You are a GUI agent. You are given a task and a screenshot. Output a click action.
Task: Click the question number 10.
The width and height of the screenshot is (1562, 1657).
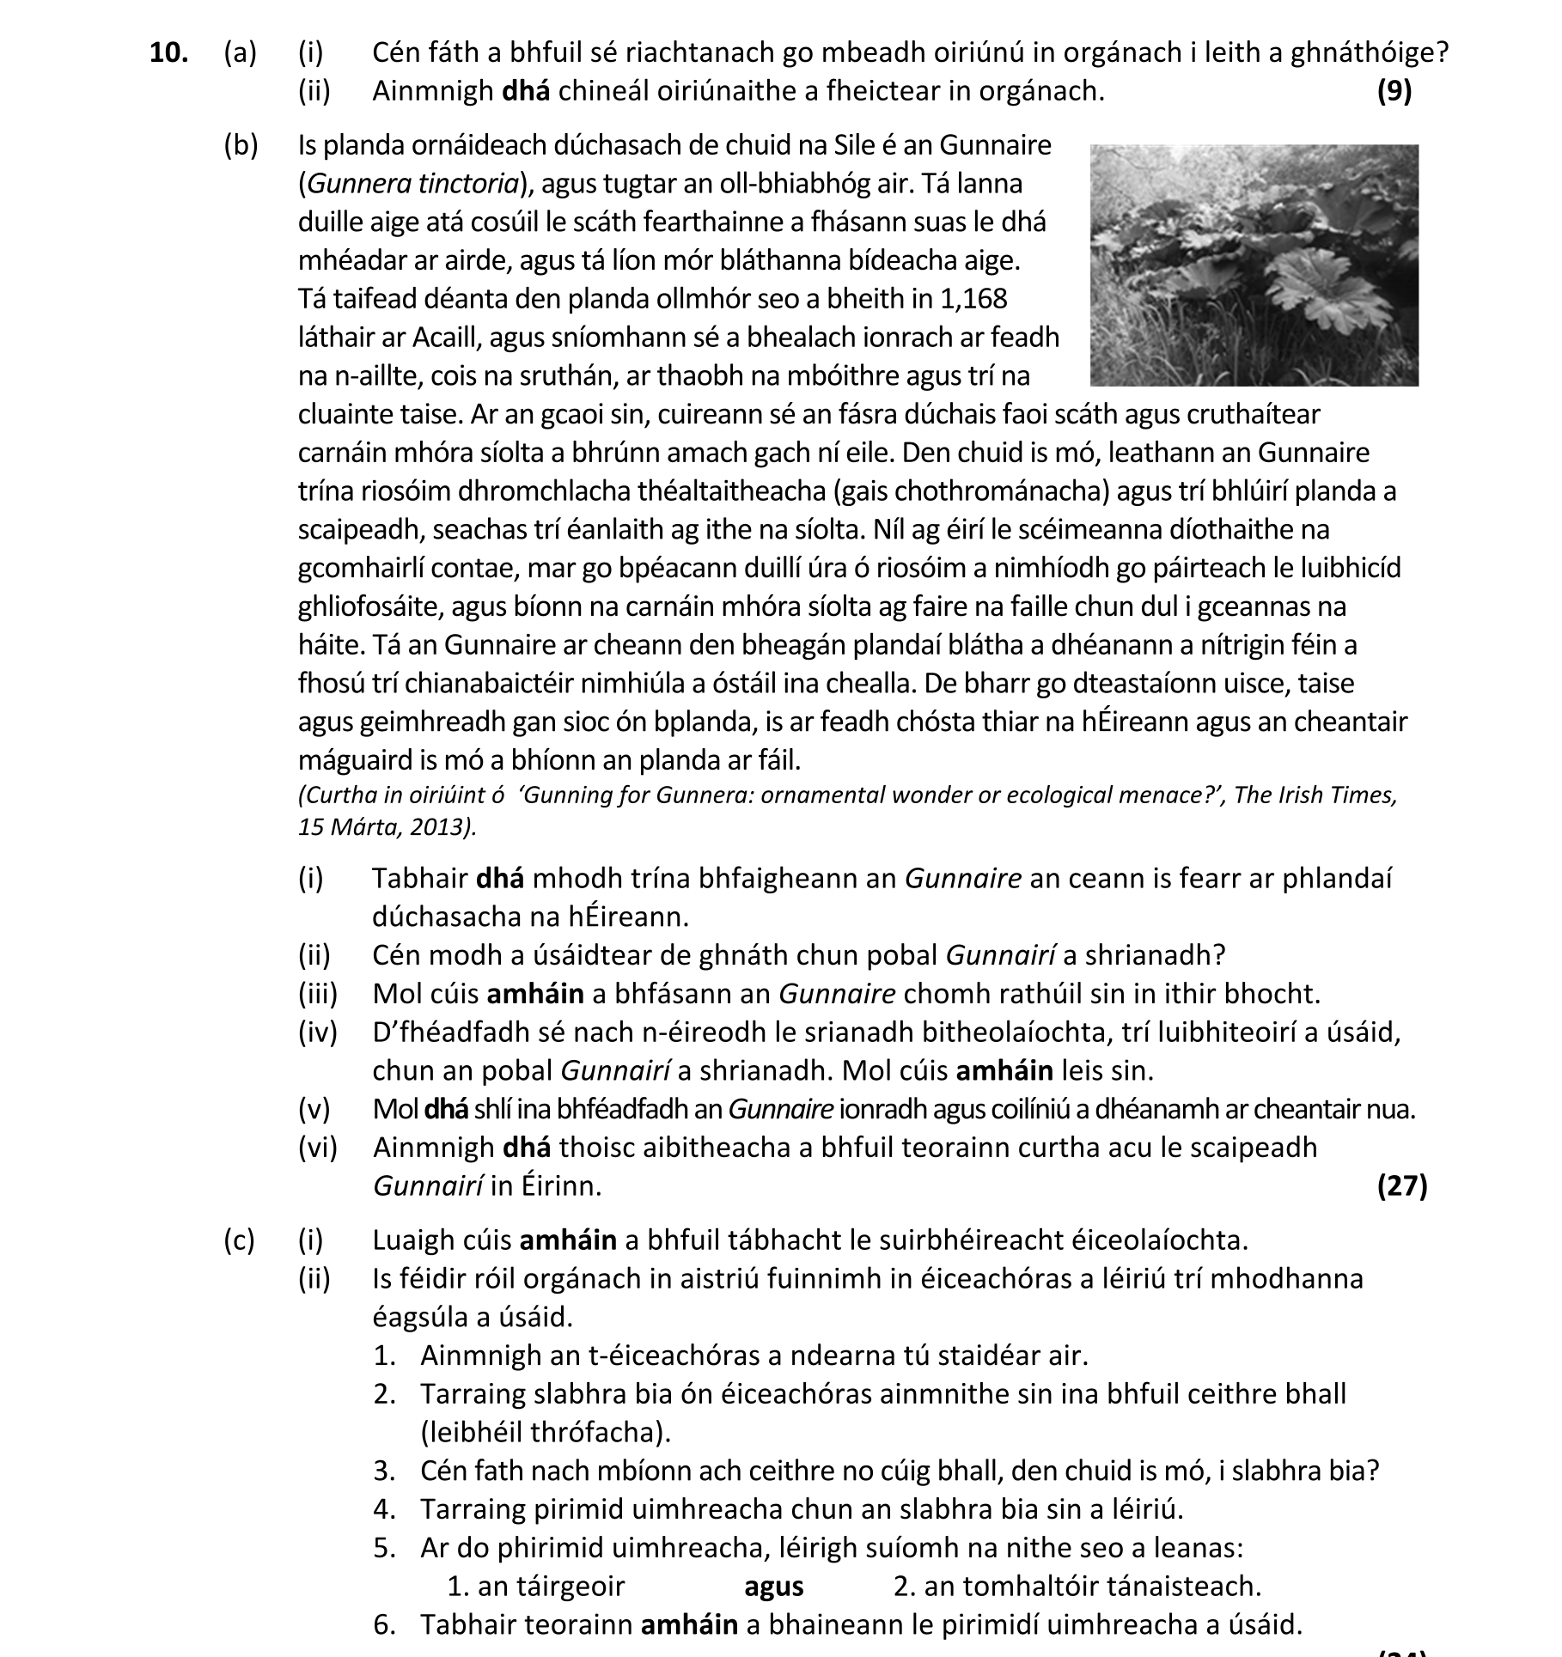coord(168,53)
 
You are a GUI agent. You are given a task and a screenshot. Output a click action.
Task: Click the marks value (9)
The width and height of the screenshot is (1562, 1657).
coord(1394,91)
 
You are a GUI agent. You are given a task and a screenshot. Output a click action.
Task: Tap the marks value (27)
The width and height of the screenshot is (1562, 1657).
coord(1401,1186)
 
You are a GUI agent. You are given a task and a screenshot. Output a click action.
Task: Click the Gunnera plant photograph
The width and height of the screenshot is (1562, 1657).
coord(1254,265)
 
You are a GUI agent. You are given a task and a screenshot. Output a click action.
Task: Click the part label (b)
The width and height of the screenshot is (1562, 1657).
coord(241,146)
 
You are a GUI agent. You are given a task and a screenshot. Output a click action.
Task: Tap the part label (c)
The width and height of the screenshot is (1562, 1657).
coord(240,1240)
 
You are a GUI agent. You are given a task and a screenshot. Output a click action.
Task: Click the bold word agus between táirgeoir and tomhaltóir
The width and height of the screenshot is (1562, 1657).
coord(773,1586)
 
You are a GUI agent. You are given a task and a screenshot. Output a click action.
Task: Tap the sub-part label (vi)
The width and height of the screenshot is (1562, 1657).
coord(318,1148)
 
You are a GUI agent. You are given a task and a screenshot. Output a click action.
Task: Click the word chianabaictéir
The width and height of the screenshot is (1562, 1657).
coord(491,684)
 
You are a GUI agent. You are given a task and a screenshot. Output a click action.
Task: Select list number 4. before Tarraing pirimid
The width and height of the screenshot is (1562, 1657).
coord(384,1508)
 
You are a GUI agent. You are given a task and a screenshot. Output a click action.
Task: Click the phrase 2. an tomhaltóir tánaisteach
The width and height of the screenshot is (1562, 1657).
coord(1077,1586)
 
